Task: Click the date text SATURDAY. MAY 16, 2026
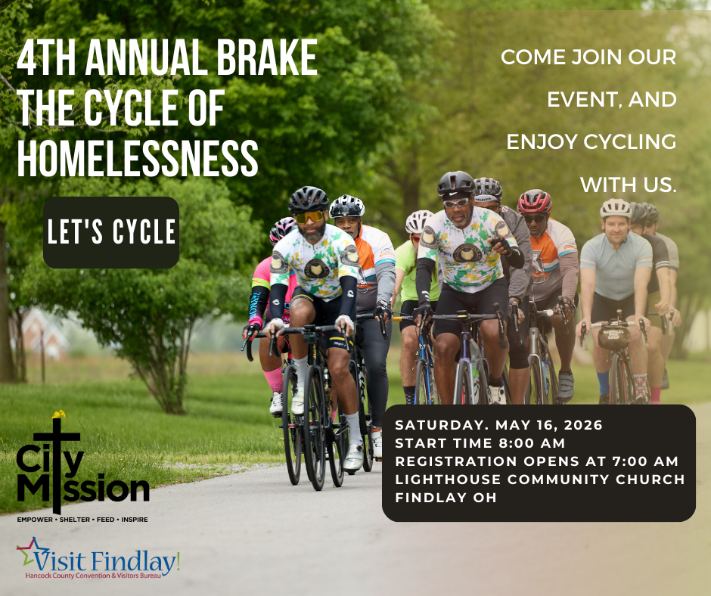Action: [499, 425]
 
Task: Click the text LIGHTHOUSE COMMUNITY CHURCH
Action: [539, 480]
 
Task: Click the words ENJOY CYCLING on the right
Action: [591, 141]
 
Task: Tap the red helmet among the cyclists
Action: [535, 200]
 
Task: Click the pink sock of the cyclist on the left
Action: [272, 378]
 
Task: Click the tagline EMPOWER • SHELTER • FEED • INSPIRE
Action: [82, 520]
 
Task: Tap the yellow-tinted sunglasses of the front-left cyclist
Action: [310, 216]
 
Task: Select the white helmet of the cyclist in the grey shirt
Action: [615, 207]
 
